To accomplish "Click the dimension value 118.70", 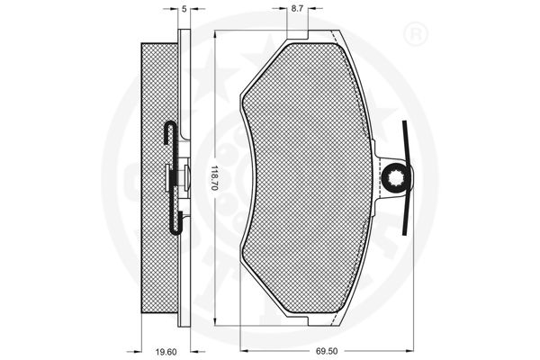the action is [214, 178].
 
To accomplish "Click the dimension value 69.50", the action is [327, 351].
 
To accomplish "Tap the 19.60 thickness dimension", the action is [166, 352].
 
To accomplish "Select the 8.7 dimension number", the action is [297, 9].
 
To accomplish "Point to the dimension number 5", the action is [184, 9].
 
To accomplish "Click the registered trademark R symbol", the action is [415, 34].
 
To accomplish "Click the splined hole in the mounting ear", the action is [396, 178].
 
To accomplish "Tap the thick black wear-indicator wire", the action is [406, 178].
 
